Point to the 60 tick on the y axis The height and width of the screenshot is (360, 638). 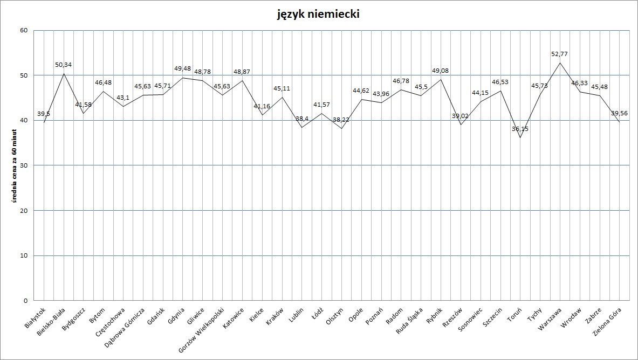(24, 30)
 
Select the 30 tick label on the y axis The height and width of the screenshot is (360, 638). (24, 165)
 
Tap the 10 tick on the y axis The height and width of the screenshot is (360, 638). (24, 255)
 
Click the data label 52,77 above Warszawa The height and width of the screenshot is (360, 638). (559, 54)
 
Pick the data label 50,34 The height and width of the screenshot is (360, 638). (64, 65)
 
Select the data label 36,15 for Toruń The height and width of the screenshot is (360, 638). (520, 129)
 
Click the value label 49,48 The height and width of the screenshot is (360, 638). (182, 69)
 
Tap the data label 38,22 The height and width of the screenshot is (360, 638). (341, 120)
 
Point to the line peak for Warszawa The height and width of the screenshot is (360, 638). (560, 63)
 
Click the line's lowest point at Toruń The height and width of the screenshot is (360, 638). (520, 137)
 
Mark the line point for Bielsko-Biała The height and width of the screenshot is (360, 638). (64, 74)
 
